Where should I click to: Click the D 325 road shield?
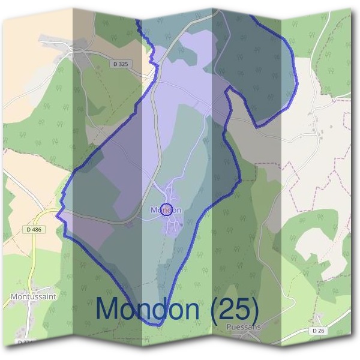click(x=120, y=64)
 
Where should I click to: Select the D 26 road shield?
click(x=318, y=331)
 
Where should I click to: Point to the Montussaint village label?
click(x=34, y=296)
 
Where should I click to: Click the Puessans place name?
click(x=245, y=328)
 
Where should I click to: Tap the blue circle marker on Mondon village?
click(x=167, y=209)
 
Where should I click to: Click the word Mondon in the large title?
click(x=148, y=308)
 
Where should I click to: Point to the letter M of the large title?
click(x=108, y=308)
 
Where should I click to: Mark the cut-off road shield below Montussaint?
click(x=26, y=342)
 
